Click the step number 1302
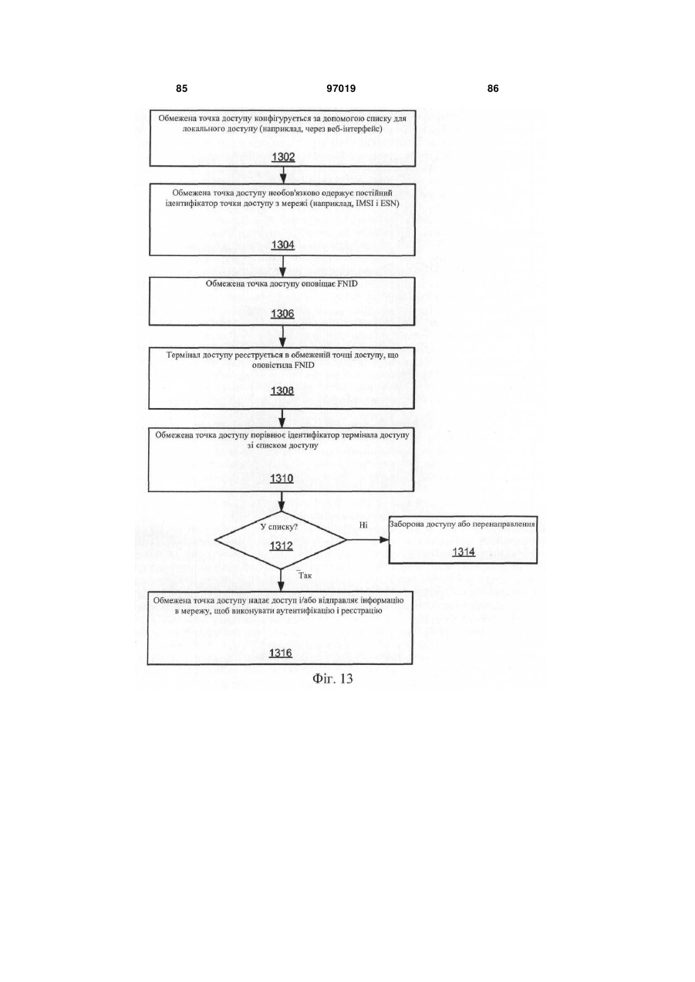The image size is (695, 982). pos(283,157)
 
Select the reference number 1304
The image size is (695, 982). pos(283,245)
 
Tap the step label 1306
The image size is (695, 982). pos(282,314)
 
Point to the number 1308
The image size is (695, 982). pos(282,390)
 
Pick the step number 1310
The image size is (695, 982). pos(282,478)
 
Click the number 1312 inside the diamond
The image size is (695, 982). pos(281,546)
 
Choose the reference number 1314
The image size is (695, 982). pos(464,552)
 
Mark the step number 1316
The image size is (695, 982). pos(281,653)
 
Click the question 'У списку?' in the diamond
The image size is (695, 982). pos(279,527)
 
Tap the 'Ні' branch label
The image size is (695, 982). pos(363,525)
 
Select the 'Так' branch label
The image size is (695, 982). pos(305,575)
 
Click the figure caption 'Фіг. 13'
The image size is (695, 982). pos(332,679)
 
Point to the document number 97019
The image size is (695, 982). pos(341,89)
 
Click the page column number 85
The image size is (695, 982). pos(181,89)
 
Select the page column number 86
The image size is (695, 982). pos(493,89)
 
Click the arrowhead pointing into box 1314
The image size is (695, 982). pos(385,540)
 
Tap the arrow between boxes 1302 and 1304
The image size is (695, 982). pos(283,174)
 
